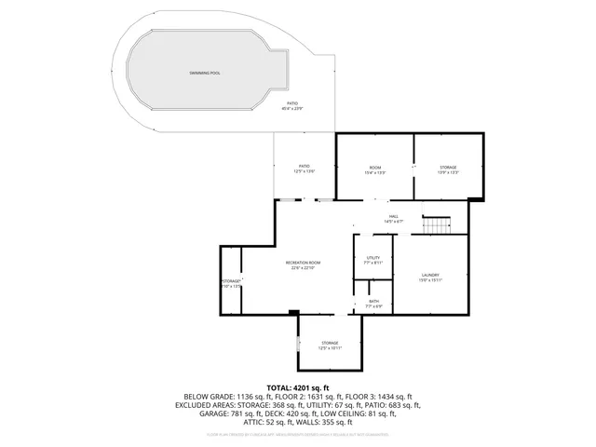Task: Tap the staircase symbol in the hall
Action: click(x=436, y=225)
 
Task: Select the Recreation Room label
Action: click(x=303, y=264)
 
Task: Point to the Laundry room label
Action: click(x=429, y=275)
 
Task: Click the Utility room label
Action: click(x=372, y=258)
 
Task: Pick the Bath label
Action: click(x=373, y=301)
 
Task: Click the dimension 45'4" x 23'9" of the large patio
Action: click(x=292, y=109)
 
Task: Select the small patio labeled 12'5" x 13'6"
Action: click(x=304, y=170)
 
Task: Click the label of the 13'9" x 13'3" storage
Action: click(x=449, y=170)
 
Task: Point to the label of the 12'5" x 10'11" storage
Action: click(x=331, y=346)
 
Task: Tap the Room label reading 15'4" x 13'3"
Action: click(x=375, y=170)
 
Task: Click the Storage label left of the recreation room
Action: click(x=231, y=281)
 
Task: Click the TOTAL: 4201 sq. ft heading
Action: click(x=298, y=387)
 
